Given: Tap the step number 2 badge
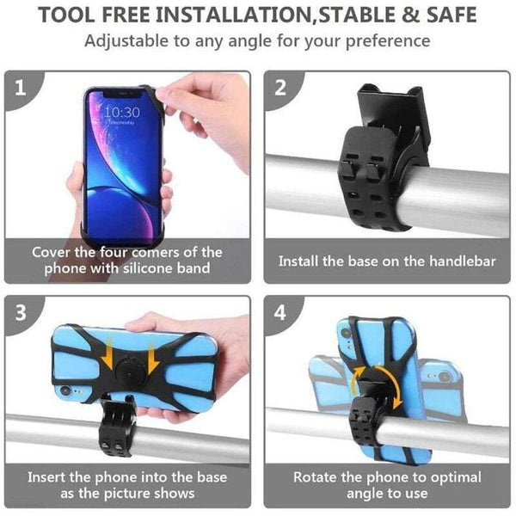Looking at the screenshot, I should [279, 88].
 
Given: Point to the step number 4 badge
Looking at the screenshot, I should [280, 312].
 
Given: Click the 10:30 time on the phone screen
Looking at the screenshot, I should [121, 112].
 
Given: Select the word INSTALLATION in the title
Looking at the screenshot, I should [201, 15].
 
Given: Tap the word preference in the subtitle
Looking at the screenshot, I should [389, 41].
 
